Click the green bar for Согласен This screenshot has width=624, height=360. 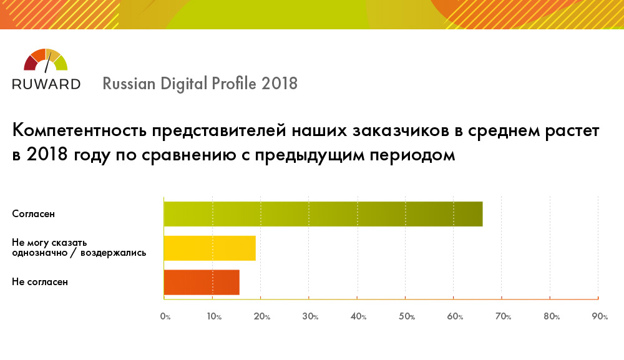(x=323, y=214)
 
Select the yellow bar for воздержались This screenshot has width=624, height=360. (x=210, y=248)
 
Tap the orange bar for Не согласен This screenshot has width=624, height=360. (x=202, y=282)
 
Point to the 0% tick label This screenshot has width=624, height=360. (x=165, y=317)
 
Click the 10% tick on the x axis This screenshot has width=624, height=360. (x=214, y=317)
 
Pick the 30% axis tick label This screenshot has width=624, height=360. (x=310, y=317)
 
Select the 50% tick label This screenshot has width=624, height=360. (x=407, y=317)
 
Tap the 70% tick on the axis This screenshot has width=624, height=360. (x=504, y=317)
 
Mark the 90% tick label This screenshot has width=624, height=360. (x=600, y=317)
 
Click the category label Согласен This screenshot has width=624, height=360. (x=34, y=214)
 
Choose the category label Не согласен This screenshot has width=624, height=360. (x=40, y=282)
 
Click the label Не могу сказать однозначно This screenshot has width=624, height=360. (x=50, y=243)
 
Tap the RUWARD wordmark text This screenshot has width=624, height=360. (x=46, y=84)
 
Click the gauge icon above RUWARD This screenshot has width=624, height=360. (x=46, y=60)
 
